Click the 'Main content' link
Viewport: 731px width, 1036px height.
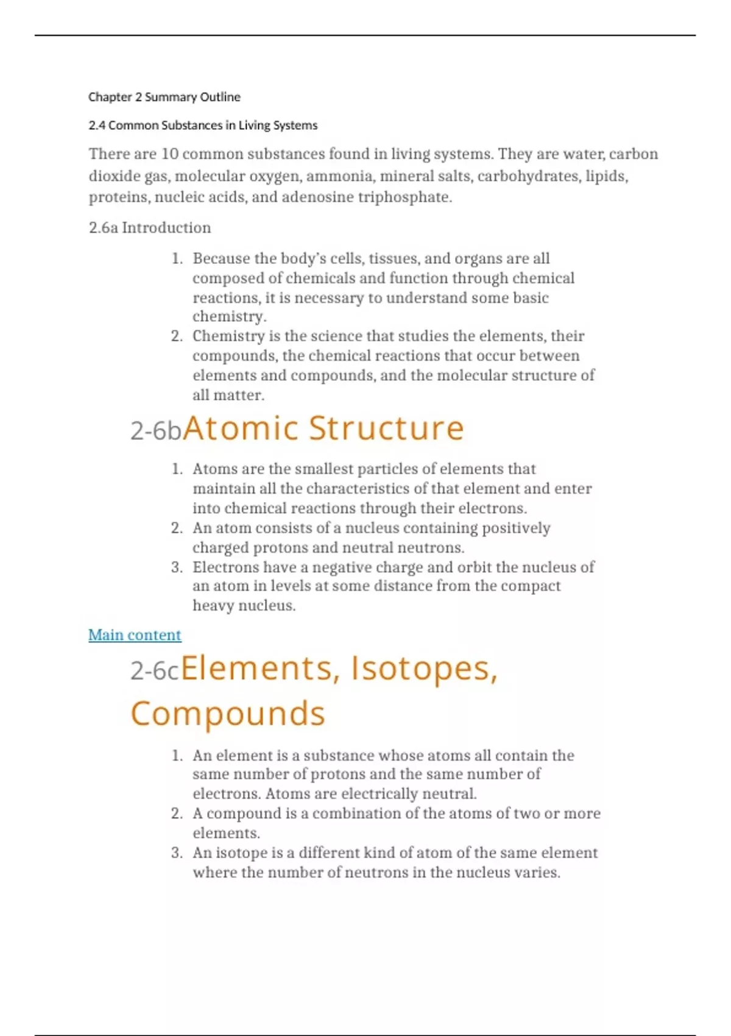(x=135, y=635)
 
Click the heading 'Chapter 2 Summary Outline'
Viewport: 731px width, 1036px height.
(x=164, y=97)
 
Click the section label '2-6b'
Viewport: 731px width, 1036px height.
(x=156, y=431)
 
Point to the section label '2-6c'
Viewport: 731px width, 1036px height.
(x=155, y=671)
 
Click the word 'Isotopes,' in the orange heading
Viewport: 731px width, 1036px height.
(x=424, y=669)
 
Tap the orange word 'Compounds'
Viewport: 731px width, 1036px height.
(x=228, y=714)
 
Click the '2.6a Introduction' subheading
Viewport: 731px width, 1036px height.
(x=150, y=228)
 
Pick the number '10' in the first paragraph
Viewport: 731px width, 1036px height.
(x=170, y=154)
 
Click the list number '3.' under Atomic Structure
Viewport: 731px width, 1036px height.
(x=177, y=567)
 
